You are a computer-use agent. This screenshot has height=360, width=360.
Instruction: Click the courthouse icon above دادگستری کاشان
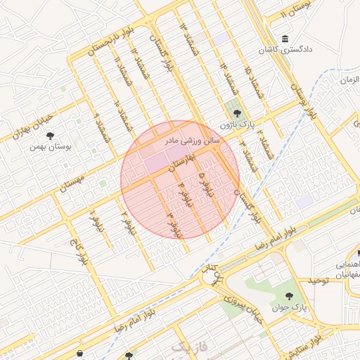(284, 39)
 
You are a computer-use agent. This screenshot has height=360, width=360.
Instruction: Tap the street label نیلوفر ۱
(93, 221)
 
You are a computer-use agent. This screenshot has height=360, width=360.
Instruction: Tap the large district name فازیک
(191, 346)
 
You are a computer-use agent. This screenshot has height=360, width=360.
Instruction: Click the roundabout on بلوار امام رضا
(215, 276)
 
